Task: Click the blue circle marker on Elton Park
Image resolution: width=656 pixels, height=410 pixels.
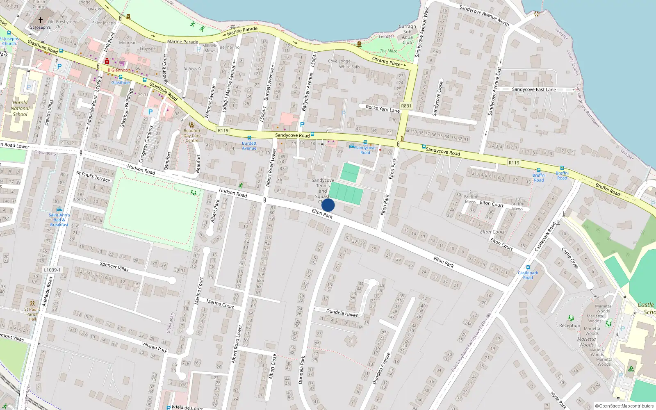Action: point(328,205)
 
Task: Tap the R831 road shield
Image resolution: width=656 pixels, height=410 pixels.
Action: point(406,106)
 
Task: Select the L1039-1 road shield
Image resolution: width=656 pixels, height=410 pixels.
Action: point(52,270)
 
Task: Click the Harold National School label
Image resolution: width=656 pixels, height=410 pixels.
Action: point(20,108)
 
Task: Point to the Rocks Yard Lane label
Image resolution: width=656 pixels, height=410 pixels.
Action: point(383,109)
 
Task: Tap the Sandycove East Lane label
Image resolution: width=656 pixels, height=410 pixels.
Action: point(534,89)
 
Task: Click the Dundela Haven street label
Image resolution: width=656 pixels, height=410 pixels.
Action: point(342,313)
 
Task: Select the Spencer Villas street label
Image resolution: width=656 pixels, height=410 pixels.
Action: point(114,266)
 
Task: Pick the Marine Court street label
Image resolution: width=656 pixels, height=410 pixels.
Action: point(220,303)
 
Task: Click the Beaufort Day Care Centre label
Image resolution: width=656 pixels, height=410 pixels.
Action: point(192,135)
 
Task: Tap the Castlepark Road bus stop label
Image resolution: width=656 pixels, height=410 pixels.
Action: point(528,275)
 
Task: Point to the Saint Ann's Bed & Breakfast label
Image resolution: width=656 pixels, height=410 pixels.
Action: point(59,220)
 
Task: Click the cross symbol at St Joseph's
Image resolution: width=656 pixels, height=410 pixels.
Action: point(41,20)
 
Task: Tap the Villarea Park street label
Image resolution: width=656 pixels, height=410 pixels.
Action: point(155,347)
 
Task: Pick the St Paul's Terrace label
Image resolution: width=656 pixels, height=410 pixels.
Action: point(93,176)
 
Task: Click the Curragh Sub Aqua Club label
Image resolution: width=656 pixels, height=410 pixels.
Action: point(407,34)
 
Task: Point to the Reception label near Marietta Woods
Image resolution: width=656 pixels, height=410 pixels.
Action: point(569,326)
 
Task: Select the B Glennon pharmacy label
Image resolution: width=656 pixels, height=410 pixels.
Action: point(118,70)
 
